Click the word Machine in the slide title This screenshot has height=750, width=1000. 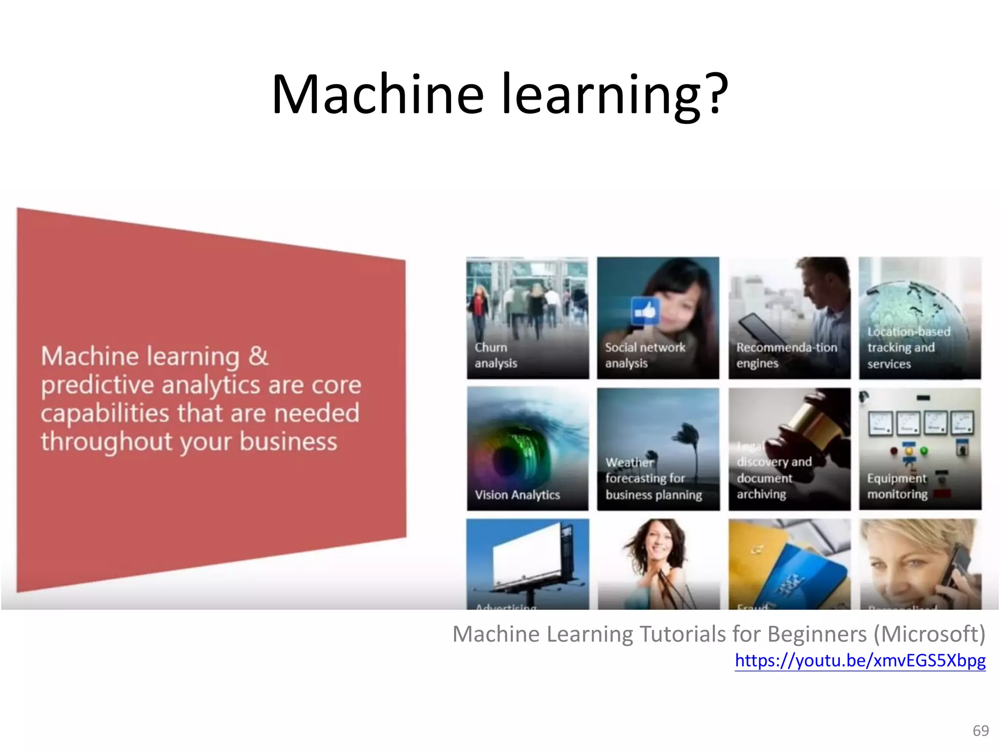click(x=377, y=94)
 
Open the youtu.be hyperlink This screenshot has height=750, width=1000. click(x=860, y=660)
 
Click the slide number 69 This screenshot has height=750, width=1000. click(x=980, y=730)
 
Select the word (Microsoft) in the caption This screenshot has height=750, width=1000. click(x=929, y=634)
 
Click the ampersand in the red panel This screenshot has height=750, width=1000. click(x=258, y=355)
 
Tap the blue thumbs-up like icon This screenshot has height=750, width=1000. click(x=645, y=311)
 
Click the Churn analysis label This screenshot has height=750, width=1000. click(x=495, y=355)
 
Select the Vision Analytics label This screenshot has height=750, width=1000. click(x=517, y=495)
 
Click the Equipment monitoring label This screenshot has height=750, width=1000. click(x=897, y=486)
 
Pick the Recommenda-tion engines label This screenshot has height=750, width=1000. click(x=786, y=355)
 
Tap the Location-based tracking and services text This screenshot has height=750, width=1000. click(x=908, y=348)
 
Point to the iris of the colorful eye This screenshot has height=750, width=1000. click(x=510, y=457)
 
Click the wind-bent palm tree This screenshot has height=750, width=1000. click(x=688, y=439)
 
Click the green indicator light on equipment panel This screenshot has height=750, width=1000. click(x=924, y=451)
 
